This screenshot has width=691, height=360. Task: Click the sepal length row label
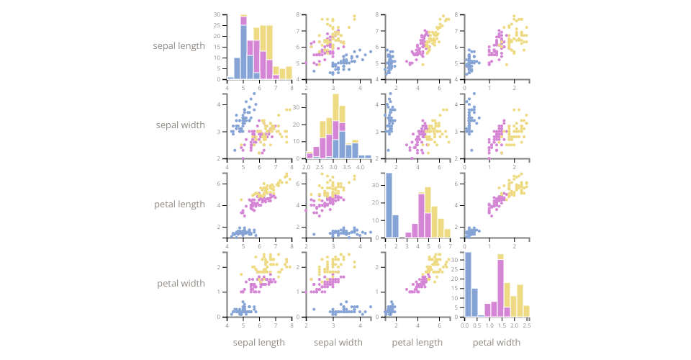[179, 46]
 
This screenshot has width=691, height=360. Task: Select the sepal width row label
[180, 125]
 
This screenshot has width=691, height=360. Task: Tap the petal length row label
[179, 204]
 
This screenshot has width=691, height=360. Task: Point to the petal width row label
[181, 284]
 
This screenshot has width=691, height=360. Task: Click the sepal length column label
[259, 343]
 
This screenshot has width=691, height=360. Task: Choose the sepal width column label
[338, 343]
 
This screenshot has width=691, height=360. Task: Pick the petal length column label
[417, 343]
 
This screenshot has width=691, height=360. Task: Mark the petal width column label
[497, 343]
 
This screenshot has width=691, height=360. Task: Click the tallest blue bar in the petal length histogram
[389, 205]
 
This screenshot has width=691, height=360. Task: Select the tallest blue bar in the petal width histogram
[468, 284]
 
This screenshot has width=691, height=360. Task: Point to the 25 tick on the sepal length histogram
[217, 26]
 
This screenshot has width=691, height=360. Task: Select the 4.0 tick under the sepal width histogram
[360, 167]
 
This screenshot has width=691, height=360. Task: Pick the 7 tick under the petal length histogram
[449, 246]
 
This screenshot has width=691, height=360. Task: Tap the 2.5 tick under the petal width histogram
[527, 325]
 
